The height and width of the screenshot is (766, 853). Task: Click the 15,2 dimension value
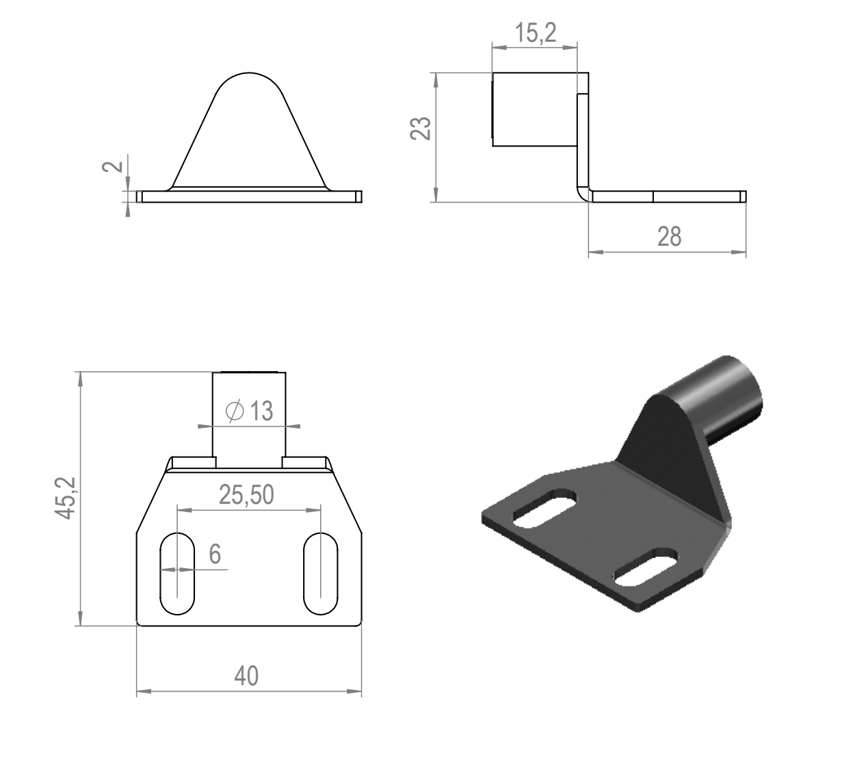click(x=536, y=33)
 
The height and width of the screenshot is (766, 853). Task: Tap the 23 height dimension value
click(x=420, y=128)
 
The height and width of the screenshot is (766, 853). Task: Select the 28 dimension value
click(x=669, y=236)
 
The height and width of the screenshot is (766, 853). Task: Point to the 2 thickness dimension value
click(x=113, y=166)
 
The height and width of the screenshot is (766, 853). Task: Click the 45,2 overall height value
click(x=65, y=498)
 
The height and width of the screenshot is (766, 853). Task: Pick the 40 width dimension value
click(x=246, y=676)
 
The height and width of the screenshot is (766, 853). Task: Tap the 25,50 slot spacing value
click(x=246, y=494)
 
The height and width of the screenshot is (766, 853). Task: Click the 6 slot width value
click(x=215, y=554)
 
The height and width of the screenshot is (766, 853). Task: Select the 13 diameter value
click(x=261, y=411)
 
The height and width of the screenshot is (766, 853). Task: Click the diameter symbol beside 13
click(x=235, y=411)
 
